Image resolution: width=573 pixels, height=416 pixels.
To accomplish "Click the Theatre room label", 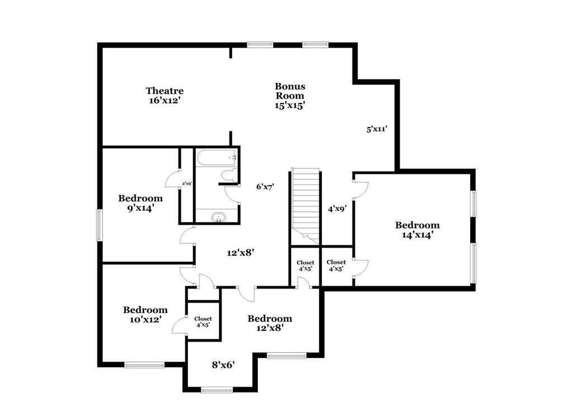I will coord(165,96).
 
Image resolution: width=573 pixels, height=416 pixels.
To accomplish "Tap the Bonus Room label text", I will coord(290,96).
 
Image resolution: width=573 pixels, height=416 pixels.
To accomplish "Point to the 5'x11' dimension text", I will coord(377,129).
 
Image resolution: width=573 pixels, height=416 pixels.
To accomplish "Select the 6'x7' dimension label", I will coord(265,187).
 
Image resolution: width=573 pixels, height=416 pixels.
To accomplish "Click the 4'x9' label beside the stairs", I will coord(337,209).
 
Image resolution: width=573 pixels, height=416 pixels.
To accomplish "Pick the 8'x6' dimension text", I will coord(223,365).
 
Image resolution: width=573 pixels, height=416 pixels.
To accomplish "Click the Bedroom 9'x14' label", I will coord(140,203).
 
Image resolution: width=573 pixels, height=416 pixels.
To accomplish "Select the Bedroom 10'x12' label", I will coord(145,315).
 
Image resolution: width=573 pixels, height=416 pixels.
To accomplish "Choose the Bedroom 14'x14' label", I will coord(417,230).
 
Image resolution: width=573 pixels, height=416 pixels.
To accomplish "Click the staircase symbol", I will coord(306,201).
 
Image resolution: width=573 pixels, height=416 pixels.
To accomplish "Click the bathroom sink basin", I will coord(217,217).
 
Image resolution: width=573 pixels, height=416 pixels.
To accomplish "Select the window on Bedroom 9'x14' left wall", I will coord(100,225).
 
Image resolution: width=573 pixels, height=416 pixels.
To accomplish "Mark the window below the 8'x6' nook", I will coord(217,390).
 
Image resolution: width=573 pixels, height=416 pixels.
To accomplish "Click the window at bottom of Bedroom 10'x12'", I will coord(144,365).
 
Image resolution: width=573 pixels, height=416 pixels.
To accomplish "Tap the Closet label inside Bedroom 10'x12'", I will coord(203,322).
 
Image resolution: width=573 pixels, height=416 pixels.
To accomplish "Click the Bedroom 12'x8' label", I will coord(270,323).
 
